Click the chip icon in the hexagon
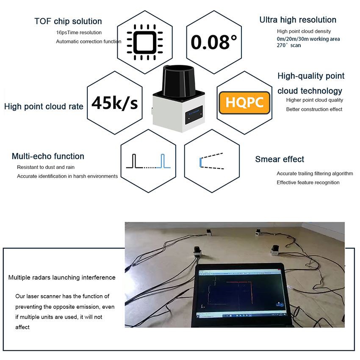point(145,42)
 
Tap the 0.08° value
point(214,42)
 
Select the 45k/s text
point(115,103)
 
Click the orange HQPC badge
point(244,102)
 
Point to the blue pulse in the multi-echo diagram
point(163,161)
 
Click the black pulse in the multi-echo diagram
point(134,161)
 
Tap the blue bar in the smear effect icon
point(201,162)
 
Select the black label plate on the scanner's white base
point(194,115)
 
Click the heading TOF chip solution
point(68,21)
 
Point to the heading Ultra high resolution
point(298,20)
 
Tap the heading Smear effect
point(280,159)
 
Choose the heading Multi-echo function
point(48,156)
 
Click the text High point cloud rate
point(44,106)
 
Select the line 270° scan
point(289,45)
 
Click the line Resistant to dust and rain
point(46,167)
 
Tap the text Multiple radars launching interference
point(62,277)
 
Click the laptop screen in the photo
point(240,293)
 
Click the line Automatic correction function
point(89,42)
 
